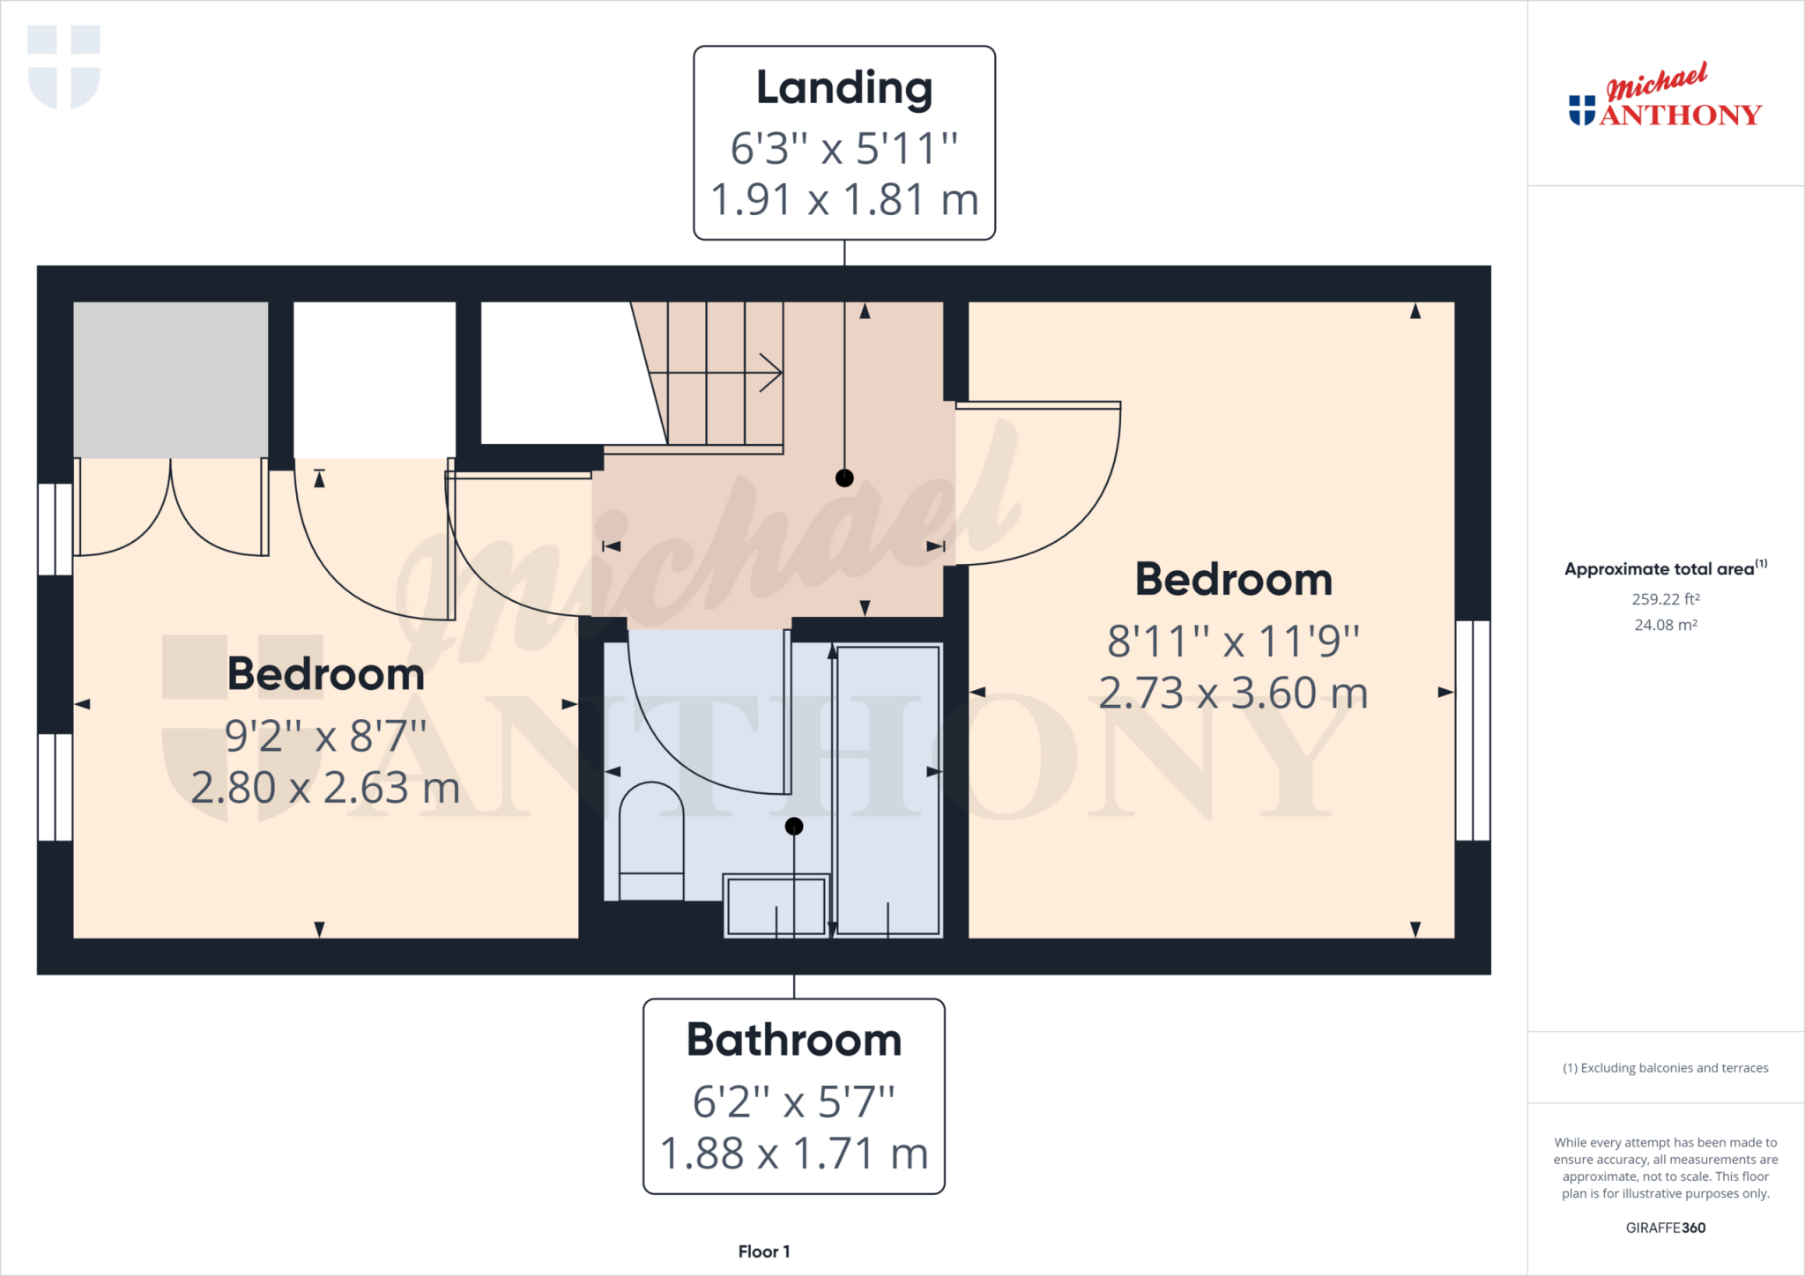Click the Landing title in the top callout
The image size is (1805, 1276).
tap(844, 88)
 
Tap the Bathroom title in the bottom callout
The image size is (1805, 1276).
tap(794, 1040)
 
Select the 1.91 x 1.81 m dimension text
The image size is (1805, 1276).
tap(844, 200)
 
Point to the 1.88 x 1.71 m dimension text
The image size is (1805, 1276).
tap(794, 1154)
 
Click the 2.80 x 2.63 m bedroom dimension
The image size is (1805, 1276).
tap(326, 788)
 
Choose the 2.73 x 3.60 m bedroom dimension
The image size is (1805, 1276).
tap(1233, 694)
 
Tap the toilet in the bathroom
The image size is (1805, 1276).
tap(651, 842)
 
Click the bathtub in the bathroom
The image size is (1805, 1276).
tap(888, 790)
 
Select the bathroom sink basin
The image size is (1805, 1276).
tap(776, 906)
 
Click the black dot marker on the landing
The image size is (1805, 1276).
tap(844, 478)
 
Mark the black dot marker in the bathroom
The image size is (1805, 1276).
tap(794, 827)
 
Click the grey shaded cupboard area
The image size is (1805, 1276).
tap(170, 379)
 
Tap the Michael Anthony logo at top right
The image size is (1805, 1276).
tap(1665, 97)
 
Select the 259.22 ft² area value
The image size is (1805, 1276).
tap(1665, 599)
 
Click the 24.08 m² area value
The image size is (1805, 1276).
tap(1665, 625)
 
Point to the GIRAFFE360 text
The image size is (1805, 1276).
tap(1665, 1228)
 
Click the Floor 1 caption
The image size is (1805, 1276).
tap(764, 1251)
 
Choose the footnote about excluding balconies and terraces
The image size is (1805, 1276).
tap(1665, 1068)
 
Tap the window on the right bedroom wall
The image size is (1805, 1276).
tap(1473, 731)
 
